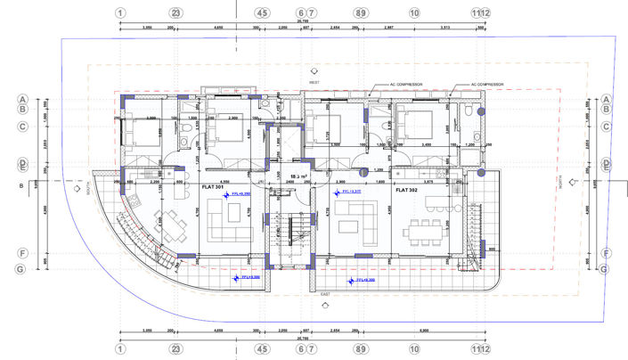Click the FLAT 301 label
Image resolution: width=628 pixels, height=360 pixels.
pos(212,188)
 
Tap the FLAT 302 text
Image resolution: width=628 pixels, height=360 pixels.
pos(407,190)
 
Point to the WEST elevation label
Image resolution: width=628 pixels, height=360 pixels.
pos(314,82)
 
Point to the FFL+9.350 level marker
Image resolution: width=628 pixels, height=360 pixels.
pos(239,192)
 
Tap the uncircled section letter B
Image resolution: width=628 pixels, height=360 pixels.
pos(19,186)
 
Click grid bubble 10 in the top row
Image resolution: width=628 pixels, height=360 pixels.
pos(414,13)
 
